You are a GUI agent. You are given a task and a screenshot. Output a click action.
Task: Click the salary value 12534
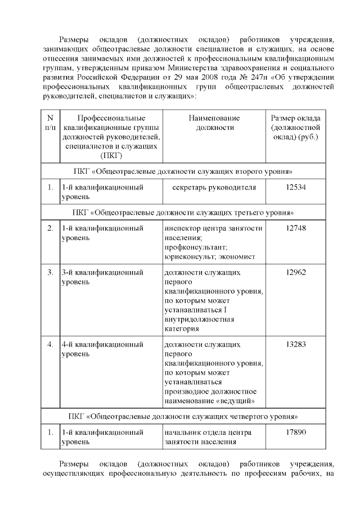295,187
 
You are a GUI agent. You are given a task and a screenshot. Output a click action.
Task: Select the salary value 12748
295,228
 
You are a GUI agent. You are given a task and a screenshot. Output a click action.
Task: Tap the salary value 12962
295,272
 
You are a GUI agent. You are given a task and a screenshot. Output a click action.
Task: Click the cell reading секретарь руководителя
214,187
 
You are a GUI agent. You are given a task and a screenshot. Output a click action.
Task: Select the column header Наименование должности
214,123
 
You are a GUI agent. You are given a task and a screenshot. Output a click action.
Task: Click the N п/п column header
50,123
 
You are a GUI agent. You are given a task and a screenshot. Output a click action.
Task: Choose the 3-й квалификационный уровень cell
102,277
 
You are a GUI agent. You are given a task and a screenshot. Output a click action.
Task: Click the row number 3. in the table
50,272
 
